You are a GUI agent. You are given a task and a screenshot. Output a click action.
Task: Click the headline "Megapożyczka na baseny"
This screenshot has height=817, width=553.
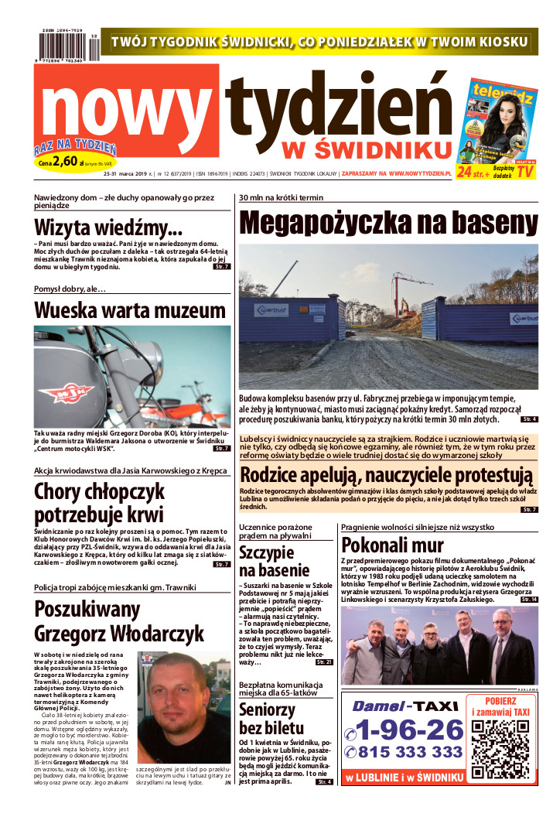tap(388, 223)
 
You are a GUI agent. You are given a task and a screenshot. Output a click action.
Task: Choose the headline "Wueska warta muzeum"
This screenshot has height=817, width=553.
tap(130, 310)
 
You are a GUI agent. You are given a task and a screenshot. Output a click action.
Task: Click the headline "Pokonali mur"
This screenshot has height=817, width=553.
tap(392, 544)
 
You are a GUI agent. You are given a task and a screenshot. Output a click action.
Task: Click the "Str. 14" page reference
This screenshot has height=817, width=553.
tap(529, 600)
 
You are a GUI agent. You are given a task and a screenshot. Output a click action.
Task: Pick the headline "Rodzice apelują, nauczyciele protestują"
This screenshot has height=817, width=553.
tap(387, 473)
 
